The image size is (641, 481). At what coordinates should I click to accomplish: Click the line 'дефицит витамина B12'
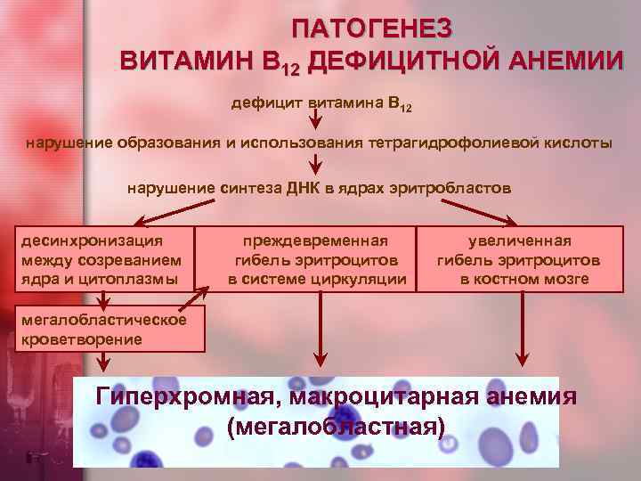(321, 103)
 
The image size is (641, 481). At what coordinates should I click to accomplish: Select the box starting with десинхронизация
(106, 259)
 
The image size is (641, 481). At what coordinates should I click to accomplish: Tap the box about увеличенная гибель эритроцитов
(518, 259)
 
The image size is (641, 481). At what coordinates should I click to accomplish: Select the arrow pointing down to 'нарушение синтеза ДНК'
(315, 165)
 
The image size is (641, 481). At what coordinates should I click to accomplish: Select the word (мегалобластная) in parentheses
(336, 427)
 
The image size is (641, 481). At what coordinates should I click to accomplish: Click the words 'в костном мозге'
(524, 280)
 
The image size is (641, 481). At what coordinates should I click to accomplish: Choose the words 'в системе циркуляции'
(317, 280)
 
